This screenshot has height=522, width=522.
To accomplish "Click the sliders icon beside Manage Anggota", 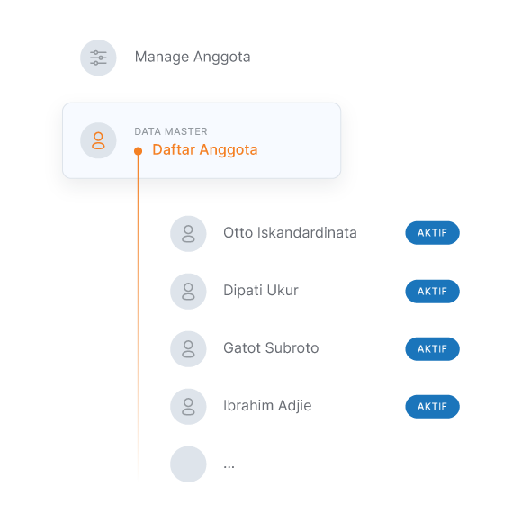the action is pyautogui.click(x=98, y=58).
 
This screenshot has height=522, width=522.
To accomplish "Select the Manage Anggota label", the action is pyautogui.click(x=193, y=58).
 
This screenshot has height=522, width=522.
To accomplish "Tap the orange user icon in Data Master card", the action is pyautogui.click(x=98, y=140).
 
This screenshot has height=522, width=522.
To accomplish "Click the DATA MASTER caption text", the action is pyautogui.click(x=171, y=131).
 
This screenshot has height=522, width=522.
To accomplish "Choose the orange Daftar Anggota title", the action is pyautogui.click(x=205, y=149).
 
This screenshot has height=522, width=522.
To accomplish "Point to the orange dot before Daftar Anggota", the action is pyautogui.click(x=139, y=151).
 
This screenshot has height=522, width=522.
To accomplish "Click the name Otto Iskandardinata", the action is pyautogui.click(x=290, y=233).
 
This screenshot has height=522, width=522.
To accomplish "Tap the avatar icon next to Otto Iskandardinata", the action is pyautogui.click(x=188, y=234).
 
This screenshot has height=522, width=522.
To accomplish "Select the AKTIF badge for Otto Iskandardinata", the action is pyautogui.click(x=432, y=233).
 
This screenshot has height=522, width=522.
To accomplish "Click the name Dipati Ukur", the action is pyautogui.click(x=261, y=291).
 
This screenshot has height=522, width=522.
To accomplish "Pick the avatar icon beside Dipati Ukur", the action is pyautogui.click(x=188, y=292).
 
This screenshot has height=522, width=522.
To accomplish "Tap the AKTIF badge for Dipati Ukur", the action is pyautogui.click(x=432, y=292).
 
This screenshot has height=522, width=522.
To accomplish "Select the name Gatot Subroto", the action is pyautogui.click(x=271, y=348).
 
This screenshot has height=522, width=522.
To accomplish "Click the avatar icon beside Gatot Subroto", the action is pyautogui.click(x=188, y=349).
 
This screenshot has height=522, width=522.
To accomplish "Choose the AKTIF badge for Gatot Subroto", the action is pyautogui.click(x=432, y=349).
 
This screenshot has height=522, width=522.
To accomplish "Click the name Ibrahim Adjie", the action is pyautogui.click(x=267, y=406).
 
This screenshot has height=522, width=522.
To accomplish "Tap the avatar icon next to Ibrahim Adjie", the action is pyautogui.click(x=188, y=407).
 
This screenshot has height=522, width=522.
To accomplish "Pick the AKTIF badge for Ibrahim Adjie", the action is pyautogui.click(x=432, y=407).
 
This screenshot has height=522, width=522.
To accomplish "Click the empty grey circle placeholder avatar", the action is pyautogui.click(x=188, y=464).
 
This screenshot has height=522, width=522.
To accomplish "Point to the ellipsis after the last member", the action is pyautogui.click(x=229, y=467).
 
